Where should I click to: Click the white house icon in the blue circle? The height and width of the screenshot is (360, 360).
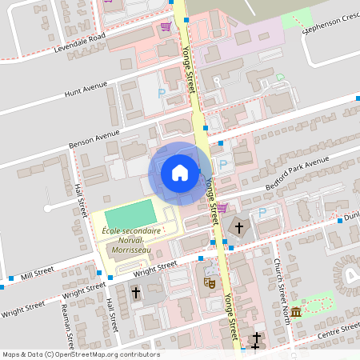point(180,172)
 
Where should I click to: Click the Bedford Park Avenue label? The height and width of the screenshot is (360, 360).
point(297,175)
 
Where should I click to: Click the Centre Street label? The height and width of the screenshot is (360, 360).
point(335,330)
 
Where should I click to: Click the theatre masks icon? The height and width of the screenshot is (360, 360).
point(210,282)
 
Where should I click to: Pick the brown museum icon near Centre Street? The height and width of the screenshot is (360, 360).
point(296,311)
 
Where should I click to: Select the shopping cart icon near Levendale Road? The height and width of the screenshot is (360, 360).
point(166,26)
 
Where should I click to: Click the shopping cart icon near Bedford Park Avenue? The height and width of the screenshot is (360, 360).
point(222,208)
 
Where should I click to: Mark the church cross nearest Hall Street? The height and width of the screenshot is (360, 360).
point(136,294)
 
